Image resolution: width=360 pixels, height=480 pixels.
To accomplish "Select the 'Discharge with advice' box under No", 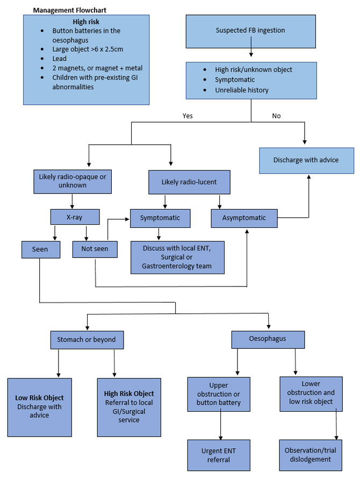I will pyautogui.click(x=306, y=160).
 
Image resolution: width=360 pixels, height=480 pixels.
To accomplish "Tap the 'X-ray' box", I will pyautogui.click(x=75, y=217).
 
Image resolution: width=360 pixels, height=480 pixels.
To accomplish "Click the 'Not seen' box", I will pyautogui.click(x=95, y=249).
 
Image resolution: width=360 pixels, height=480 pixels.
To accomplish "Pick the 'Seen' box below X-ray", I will pyautogui.click(x=39, y=249).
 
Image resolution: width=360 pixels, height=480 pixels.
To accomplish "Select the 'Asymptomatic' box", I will pyautogui.click(x=244, y=218).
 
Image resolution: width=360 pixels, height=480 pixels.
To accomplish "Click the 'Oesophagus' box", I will pyautogui.click(x=268, y=339).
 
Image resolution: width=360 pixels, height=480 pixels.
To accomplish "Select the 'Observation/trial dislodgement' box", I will pyautogui.click(x=312, y=455).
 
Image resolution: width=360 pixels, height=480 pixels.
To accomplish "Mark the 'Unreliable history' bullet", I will pyautogui.click(x=241, y=90).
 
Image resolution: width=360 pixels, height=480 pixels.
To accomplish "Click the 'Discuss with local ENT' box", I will pyautogui.click(x=177, y=257).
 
